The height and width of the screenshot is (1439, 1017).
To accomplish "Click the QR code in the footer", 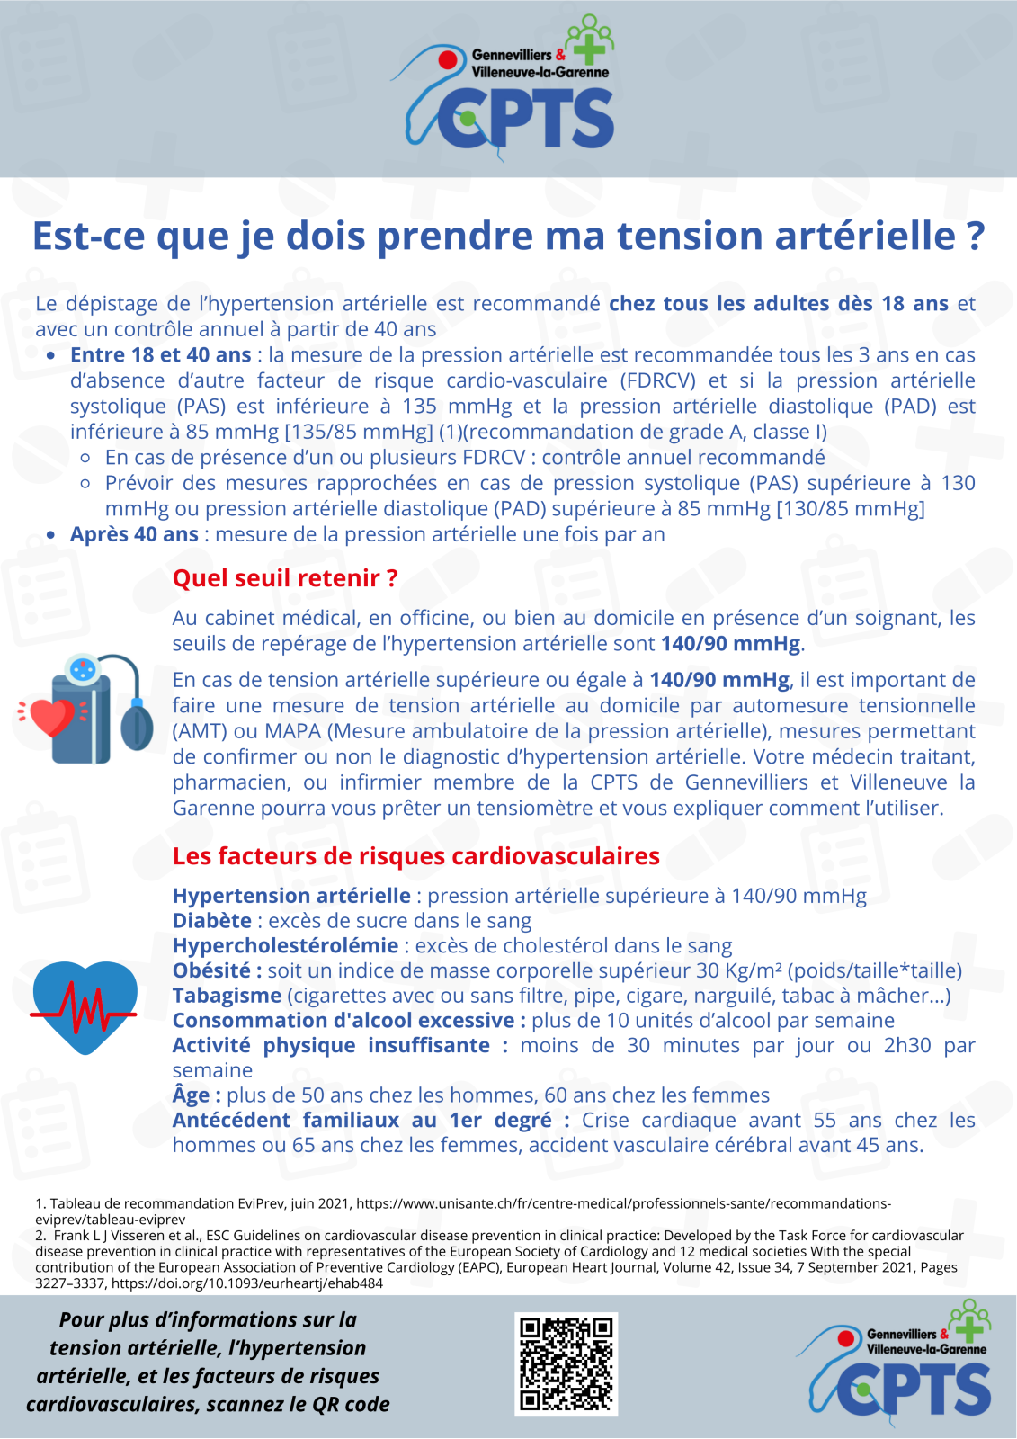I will point(566,1363).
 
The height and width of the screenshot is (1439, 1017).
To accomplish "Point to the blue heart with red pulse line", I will point(85,1006).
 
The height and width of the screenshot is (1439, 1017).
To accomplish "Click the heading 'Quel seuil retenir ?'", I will point(285,578).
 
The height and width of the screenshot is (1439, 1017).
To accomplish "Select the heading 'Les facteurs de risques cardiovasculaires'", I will point(415,856).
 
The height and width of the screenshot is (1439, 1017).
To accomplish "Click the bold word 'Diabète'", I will point(212,921).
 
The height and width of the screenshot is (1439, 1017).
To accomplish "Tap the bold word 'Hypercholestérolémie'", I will point(285,946).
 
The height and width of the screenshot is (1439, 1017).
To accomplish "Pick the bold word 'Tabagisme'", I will point(227,996).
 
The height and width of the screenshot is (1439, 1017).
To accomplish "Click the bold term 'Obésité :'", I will point(217,971).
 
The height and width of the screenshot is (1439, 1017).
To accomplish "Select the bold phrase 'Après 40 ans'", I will point(134,534).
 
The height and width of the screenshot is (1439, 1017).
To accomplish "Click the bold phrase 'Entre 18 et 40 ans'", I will point(160,355).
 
